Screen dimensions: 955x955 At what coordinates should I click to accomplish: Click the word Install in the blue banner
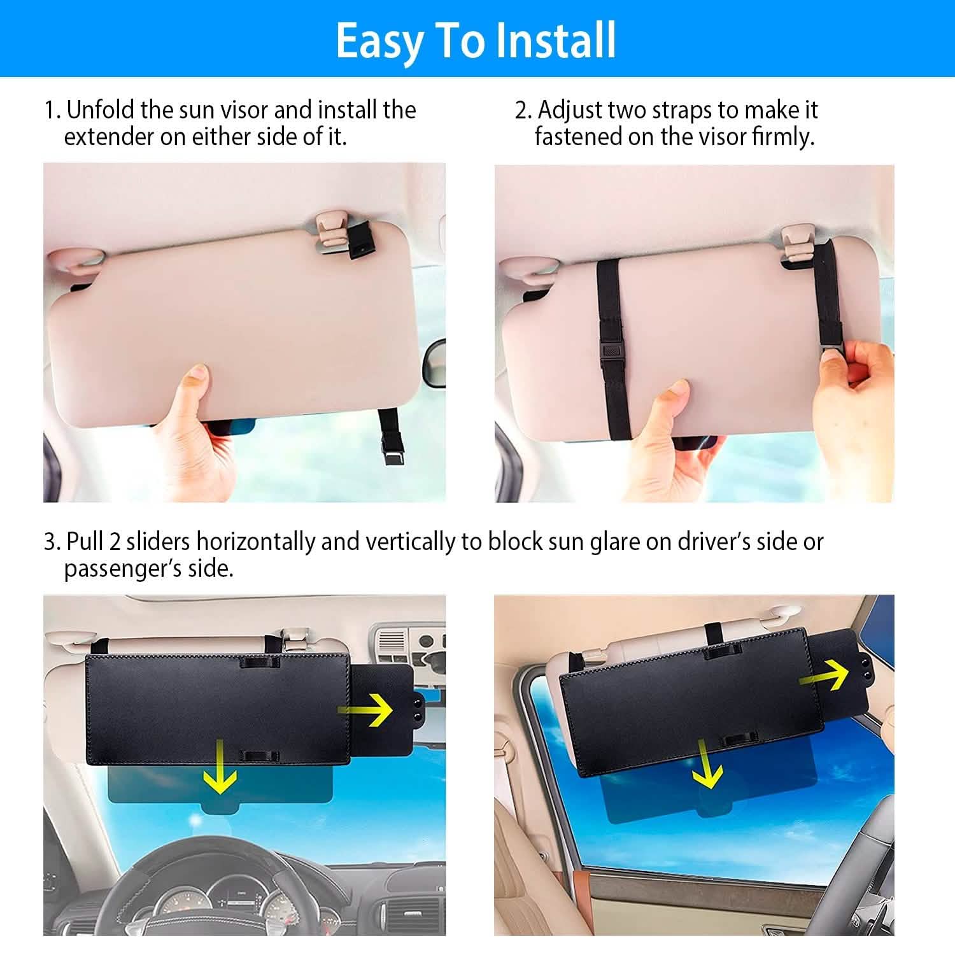(556, 40)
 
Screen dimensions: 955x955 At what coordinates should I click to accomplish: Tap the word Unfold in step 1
(101, 110)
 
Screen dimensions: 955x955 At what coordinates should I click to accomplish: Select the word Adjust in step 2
(570, 110)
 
